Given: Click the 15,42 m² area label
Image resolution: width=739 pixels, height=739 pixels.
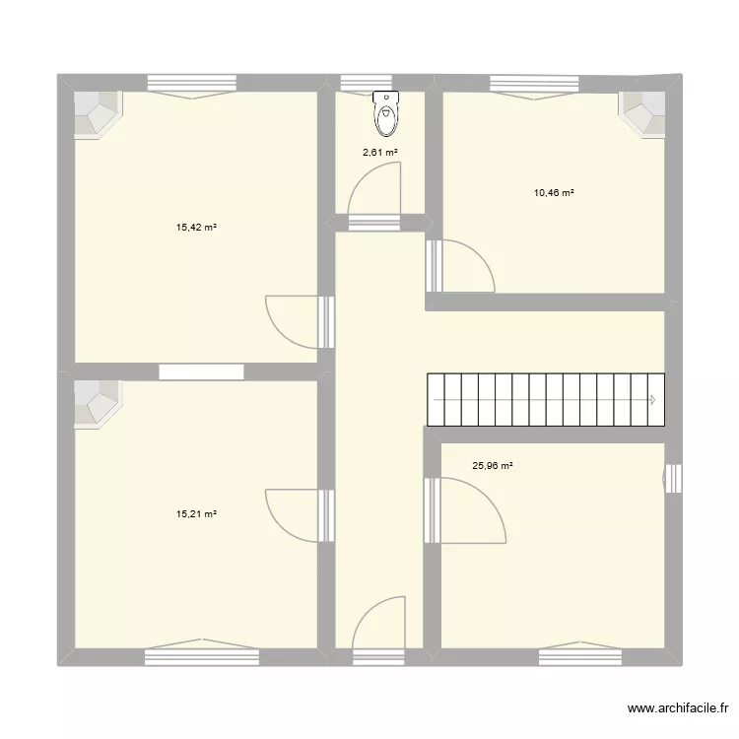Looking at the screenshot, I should tap(196, 228).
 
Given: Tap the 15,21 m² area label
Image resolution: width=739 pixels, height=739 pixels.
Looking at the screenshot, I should tap(196, 513).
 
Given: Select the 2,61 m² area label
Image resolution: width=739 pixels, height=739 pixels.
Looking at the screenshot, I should tap(379, 152).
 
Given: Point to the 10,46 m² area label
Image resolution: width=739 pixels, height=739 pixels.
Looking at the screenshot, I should tap(554, 193).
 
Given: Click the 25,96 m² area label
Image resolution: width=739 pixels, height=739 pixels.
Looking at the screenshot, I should tap(493, 466).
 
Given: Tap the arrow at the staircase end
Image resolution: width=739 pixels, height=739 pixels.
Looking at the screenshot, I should tap(652, 400).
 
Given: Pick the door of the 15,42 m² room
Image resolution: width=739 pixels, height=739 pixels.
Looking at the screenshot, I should tap(293, 320).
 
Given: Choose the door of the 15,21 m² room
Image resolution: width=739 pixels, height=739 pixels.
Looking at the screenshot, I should tap(293, 513).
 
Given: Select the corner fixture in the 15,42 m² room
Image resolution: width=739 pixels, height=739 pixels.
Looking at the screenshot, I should tap(99, 114).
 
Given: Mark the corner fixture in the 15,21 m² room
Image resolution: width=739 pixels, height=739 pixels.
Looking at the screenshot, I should tap(99, 404).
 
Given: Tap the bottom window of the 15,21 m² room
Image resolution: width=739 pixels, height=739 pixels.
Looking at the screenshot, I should tap(187, 655).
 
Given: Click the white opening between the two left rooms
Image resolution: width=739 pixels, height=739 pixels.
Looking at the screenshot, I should tap(201, 371).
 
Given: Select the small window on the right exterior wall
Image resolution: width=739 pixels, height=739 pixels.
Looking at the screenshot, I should tap(673, 479).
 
